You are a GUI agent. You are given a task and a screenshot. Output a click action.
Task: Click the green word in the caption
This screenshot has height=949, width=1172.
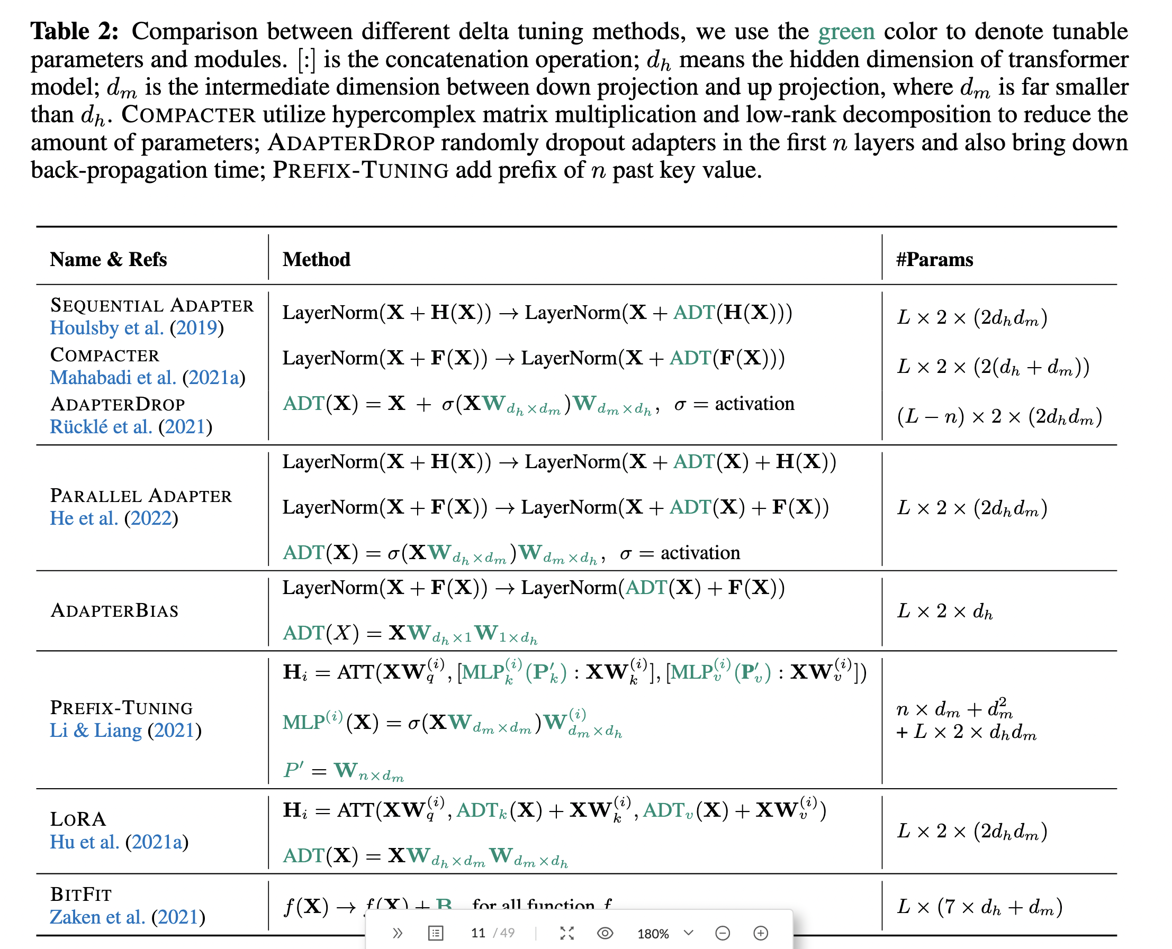point(845,32)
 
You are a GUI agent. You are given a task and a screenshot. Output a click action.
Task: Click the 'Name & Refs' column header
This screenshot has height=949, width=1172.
point(109,259)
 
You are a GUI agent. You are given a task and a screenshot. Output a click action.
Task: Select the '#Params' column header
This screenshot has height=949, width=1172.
point(934,259)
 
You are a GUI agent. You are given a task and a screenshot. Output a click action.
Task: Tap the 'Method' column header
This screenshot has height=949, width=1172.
point(316,259)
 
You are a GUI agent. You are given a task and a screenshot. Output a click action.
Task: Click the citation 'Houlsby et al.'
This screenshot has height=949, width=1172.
point(106,328)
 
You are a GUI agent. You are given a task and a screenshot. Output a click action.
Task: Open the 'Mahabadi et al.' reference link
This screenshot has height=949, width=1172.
point(113,378)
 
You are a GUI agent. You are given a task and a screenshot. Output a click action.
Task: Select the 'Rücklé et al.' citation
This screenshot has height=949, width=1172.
point(101,427)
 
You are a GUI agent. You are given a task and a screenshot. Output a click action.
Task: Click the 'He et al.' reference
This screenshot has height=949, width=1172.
point(84,518)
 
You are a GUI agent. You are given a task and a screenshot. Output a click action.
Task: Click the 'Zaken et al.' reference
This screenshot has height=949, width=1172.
point(97,917)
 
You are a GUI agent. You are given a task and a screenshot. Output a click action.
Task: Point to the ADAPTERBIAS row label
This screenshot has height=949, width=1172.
point(114,610)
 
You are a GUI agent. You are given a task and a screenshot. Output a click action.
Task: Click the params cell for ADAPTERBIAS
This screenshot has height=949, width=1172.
point(944,610)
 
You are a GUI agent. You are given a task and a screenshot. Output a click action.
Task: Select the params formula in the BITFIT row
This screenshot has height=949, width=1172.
point(979,907)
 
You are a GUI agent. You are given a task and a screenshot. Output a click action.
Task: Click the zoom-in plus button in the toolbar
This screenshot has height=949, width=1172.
point(761,933)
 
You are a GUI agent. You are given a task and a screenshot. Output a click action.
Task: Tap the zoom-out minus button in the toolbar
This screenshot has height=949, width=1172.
point(723,933)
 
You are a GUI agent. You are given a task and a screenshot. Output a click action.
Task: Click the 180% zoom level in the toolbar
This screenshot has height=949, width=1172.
point(653,934)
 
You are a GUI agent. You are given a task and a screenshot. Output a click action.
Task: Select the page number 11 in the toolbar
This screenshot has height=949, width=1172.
point(478,933)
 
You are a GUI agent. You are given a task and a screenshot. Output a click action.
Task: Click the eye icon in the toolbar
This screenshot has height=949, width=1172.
point(605,933)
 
